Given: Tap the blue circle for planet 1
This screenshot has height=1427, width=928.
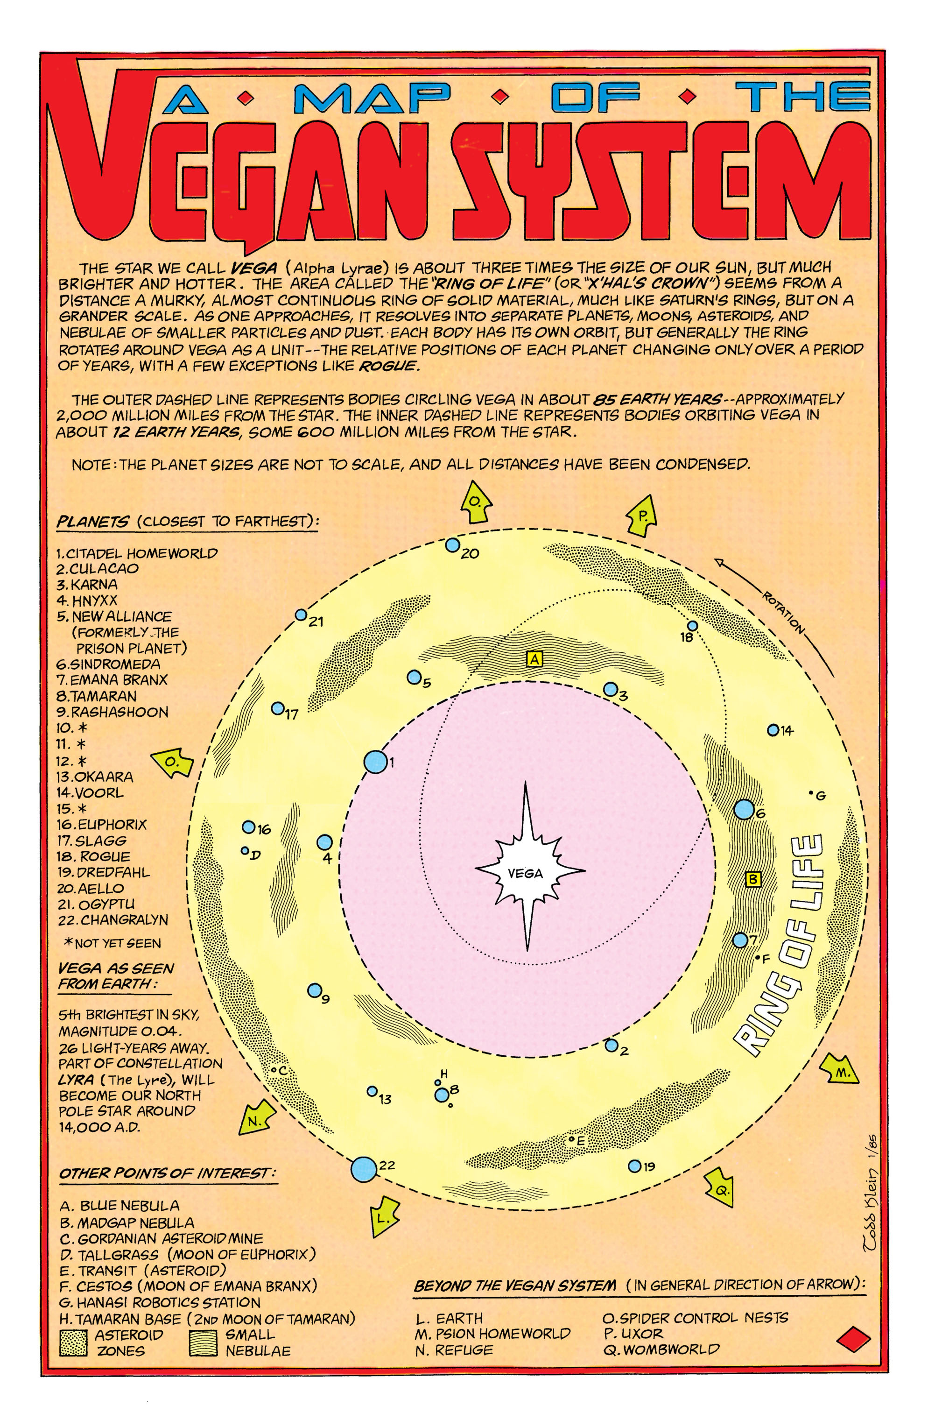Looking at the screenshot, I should [x=376, y=762].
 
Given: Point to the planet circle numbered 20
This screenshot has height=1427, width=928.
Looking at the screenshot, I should [x=453, y=545].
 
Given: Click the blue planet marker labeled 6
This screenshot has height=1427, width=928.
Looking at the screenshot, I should [x=744, y=809].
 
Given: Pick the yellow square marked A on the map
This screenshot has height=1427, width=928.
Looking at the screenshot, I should [x=534, y=659].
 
